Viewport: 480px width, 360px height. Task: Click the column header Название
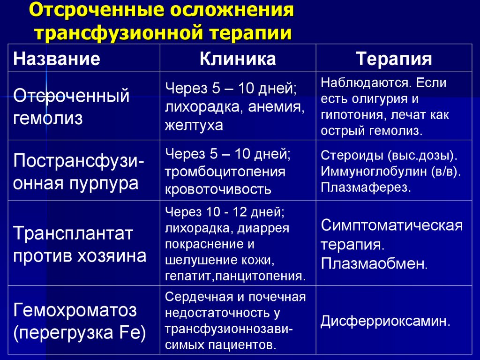coord(56,59)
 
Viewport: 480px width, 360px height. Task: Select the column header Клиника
coord(238,59)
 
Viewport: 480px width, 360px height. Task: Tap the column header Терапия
coord(394,60)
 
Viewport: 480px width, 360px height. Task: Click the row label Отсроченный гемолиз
coord(71,106)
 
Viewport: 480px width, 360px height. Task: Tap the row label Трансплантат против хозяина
coord(80,244)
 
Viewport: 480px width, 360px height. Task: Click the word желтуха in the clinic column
coord(194,126)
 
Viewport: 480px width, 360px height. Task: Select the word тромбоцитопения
coord(225,172)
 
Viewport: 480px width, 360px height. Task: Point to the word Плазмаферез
coord(366,188)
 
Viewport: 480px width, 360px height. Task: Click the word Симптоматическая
coord(392,226)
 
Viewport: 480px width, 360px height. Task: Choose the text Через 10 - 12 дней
coord(224,212)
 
